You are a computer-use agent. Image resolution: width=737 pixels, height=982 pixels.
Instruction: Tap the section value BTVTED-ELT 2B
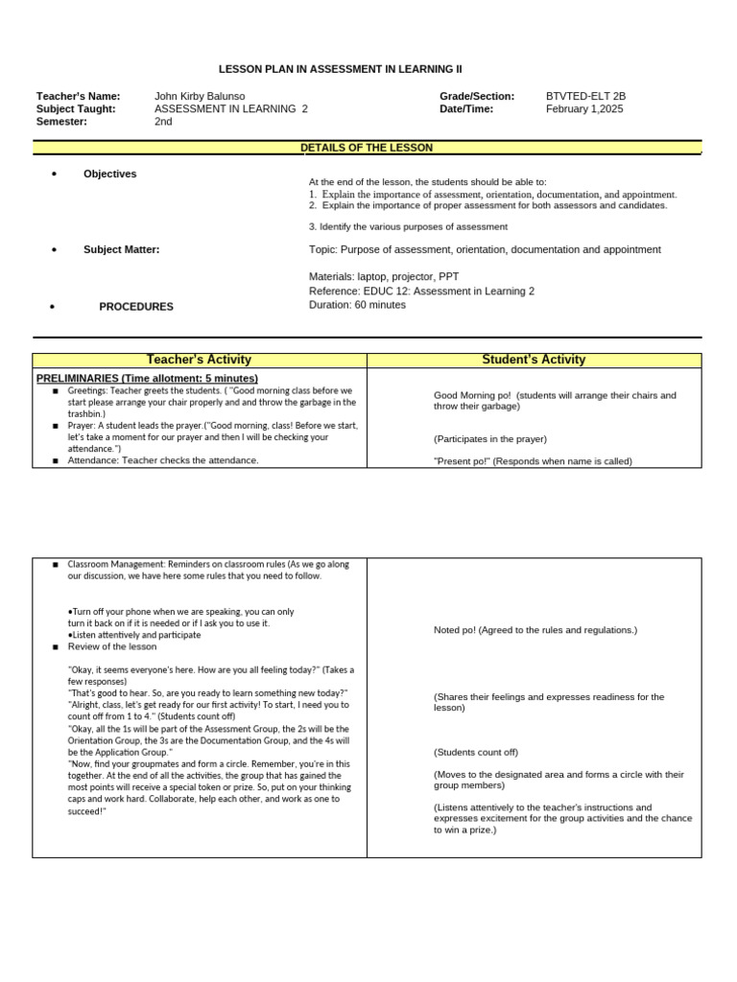585,96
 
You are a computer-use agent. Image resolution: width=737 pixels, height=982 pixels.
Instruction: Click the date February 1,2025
584,109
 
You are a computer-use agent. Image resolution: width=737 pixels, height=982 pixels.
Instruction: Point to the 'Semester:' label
61,122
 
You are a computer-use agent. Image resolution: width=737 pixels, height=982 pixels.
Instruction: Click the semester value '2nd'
163,122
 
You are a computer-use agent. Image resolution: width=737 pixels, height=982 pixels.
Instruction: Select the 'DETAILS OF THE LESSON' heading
367,148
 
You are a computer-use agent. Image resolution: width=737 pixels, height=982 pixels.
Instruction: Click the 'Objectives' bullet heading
109,174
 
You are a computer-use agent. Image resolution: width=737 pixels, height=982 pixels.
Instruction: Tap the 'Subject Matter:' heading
121,249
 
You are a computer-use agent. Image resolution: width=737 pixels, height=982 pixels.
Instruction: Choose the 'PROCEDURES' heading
136,307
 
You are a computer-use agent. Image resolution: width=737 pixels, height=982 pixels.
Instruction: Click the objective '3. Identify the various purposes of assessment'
408,226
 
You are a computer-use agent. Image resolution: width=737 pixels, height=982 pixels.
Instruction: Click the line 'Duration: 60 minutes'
357,305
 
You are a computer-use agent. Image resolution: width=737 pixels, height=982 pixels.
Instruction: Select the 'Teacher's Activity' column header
199,360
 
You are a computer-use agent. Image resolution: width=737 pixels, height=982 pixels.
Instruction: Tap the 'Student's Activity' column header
534,360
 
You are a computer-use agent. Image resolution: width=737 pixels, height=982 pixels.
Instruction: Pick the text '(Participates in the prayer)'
489,439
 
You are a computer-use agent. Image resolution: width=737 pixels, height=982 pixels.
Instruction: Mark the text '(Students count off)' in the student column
475,752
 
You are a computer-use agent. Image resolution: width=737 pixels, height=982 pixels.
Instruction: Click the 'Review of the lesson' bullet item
111,646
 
